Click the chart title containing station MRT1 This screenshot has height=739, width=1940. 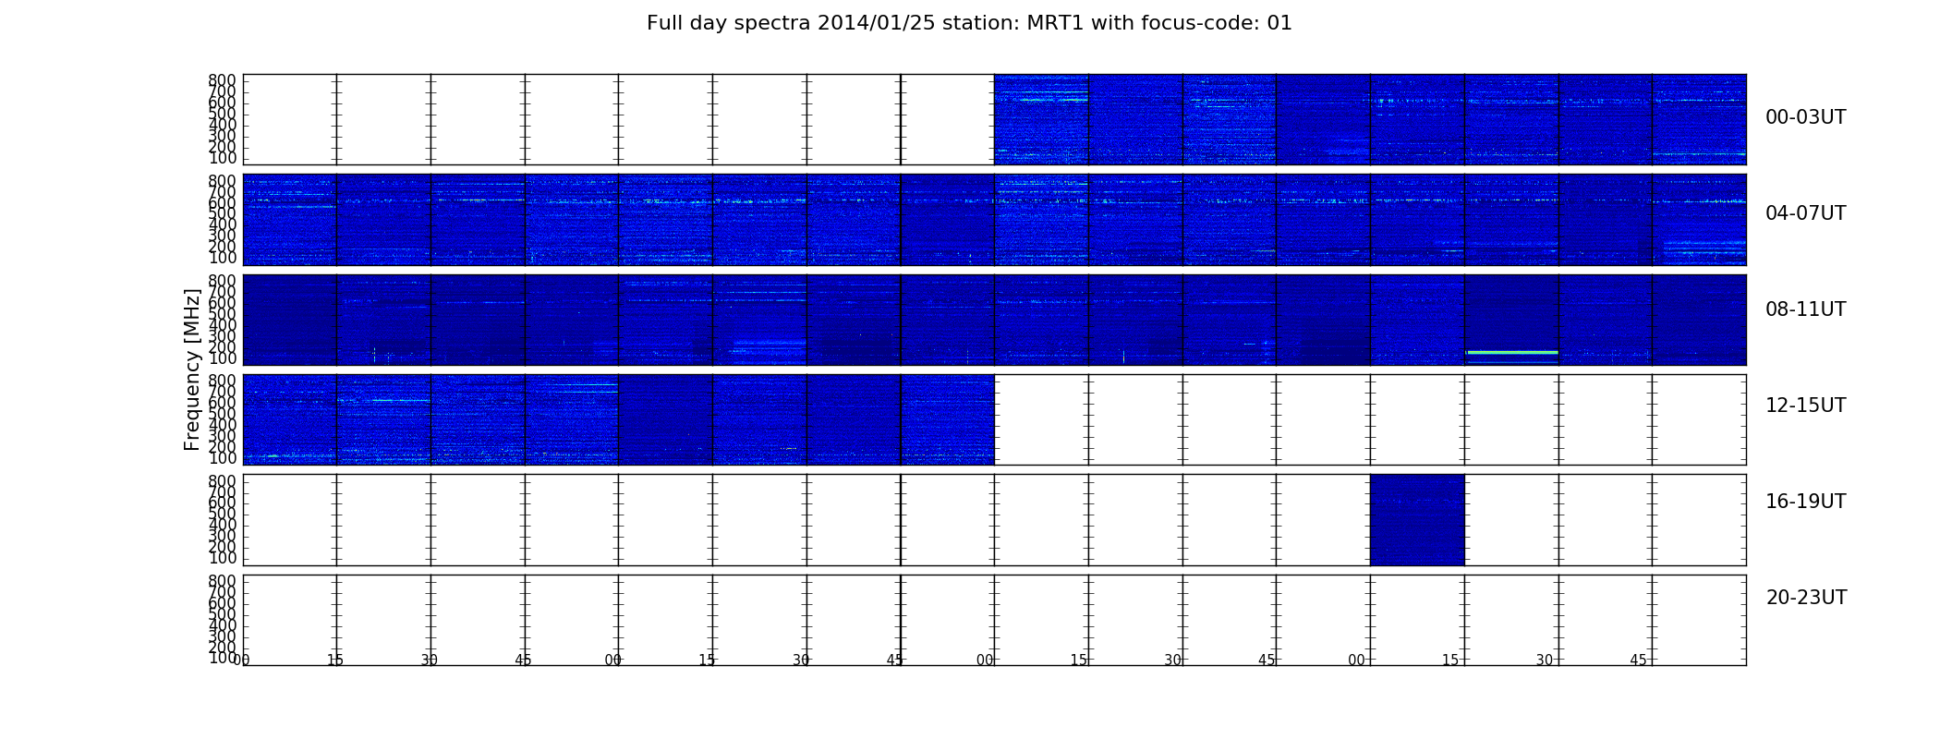tap(969, 23)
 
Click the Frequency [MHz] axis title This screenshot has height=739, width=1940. tap(192, 369)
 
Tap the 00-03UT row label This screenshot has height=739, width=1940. tap(1805, 117)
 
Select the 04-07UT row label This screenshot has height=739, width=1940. tap(1805, 213)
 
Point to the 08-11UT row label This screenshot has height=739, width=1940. tap(1805, 309)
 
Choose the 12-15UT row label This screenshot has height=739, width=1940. tap(1805, 406)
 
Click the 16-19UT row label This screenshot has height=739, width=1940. tap(1805, 502)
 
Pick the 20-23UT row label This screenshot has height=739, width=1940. tap(1806, 598)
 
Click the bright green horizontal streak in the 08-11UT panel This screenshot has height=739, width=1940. tap(1511, 352)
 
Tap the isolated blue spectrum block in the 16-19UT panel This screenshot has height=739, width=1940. tap(1417, 520)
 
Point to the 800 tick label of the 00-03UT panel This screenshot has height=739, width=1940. tap(223, 80)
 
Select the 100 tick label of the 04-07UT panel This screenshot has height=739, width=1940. tap(223, 258)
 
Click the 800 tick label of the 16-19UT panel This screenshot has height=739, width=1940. tap(223, 481)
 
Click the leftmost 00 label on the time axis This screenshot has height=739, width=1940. tap(242, 660)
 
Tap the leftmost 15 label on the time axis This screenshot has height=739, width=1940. tap(335, 660)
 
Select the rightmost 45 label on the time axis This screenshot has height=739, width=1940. tap(1638, 660)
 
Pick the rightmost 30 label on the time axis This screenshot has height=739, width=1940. tap(1545, 660)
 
